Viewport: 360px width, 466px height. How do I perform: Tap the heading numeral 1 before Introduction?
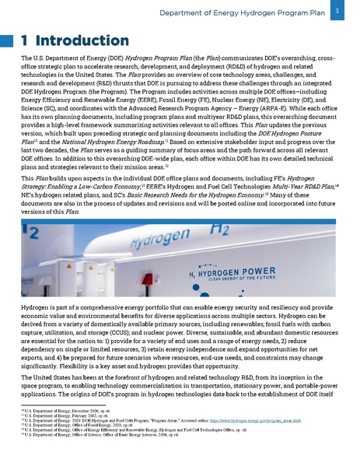[26, 39]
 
